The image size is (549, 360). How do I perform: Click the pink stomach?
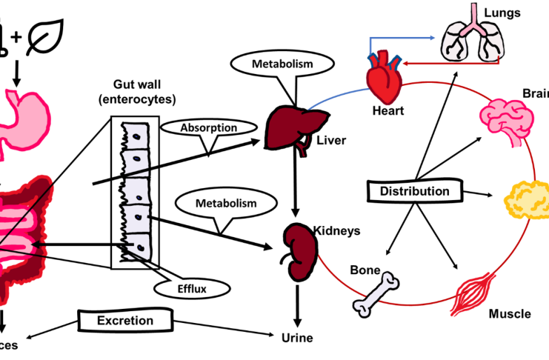tap(26, 119)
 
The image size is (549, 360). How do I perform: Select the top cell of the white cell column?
tap(136, 135)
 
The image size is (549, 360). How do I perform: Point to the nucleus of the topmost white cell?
tap(136, 138)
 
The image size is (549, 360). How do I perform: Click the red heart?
tap(386, 79)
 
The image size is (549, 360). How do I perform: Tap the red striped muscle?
tap(474, 292)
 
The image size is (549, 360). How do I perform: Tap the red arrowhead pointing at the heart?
tap(407, 62)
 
